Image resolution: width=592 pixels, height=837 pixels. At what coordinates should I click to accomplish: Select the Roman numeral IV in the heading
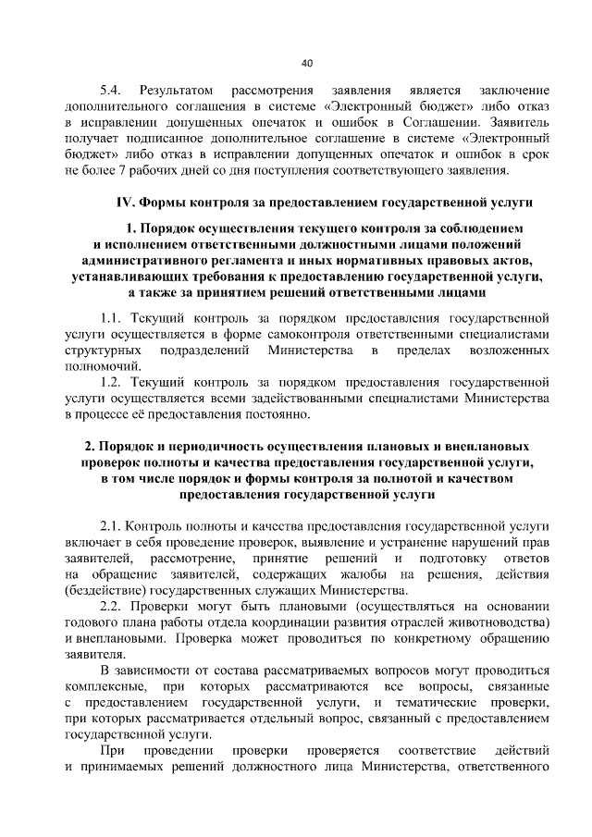click(123, 202)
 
